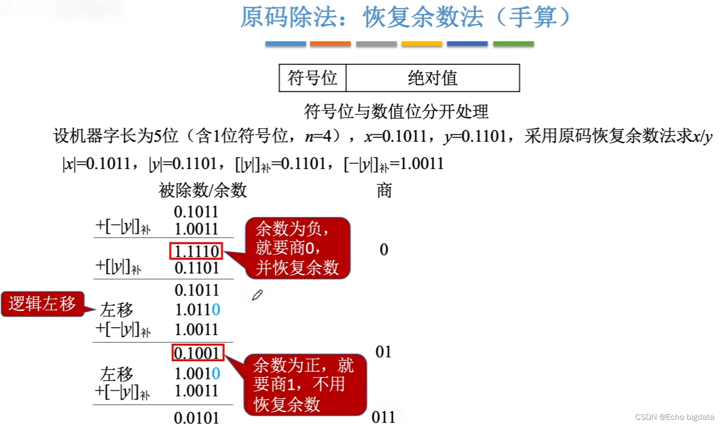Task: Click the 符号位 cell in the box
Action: click(312, 78)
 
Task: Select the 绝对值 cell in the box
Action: click(432, 78)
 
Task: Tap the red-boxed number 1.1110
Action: click(196, 251)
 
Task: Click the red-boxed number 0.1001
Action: click(197, 353)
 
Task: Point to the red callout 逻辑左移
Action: click(42, 304)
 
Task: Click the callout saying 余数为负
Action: click(297, 248)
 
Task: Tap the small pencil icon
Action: click(257, 295)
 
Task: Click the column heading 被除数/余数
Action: click(203, 190)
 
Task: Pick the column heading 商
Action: click(384, 191)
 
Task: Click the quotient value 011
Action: click(383, 417)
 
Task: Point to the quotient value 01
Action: click(383, 352)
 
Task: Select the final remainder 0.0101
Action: click(196, 418)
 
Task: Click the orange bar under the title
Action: click(330, 44)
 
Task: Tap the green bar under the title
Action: click(513, 44)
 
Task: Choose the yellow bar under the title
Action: click(421, 44)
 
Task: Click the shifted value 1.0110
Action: click(197, 310)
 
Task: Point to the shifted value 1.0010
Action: click(197, 373)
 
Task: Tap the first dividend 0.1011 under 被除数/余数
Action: click(196, 212)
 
